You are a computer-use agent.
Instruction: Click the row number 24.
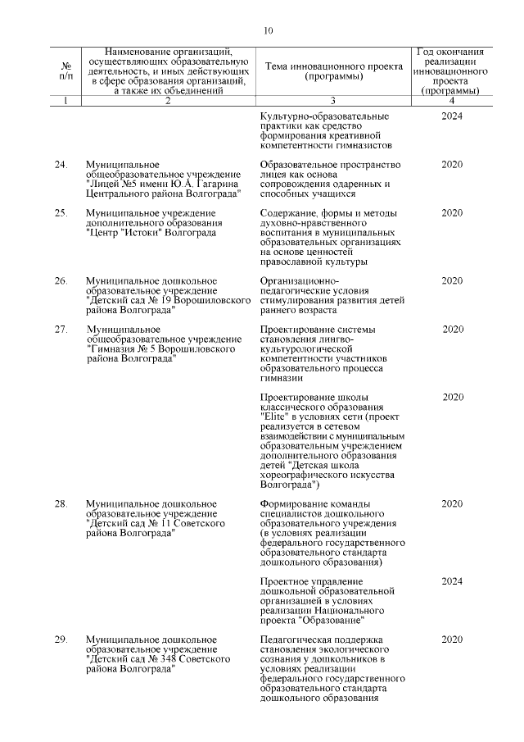(61, 165)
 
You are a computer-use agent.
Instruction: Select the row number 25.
(61, 213)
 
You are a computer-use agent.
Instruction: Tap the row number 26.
(61, 281)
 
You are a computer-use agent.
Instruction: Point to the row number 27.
(61, 329)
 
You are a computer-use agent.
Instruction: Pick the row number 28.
(61, 503)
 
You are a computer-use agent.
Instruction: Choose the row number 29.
(61, 639)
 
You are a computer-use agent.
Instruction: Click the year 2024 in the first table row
(452, 116)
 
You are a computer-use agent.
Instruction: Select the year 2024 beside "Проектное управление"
(452, 581)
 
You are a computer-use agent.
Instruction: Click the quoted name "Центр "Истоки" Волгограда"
(151, 233)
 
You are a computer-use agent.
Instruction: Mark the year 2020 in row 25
(452, 213)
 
